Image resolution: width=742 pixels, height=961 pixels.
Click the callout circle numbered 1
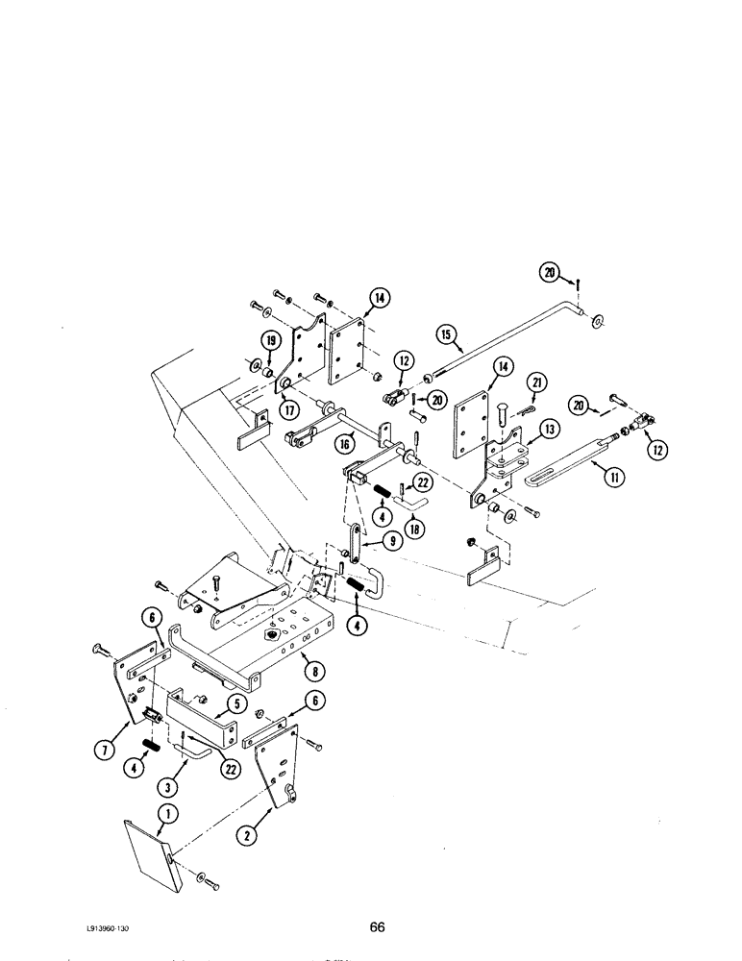point(164,816)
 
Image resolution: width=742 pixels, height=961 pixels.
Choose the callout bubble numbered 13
point(550,428)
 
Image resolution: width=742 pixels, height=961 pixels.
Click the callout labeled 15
point(444,336)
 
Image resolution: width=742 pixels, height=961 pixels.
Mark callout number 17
point(287,408)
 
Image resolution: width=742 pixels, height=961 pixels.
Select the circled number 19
point(271,339)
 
